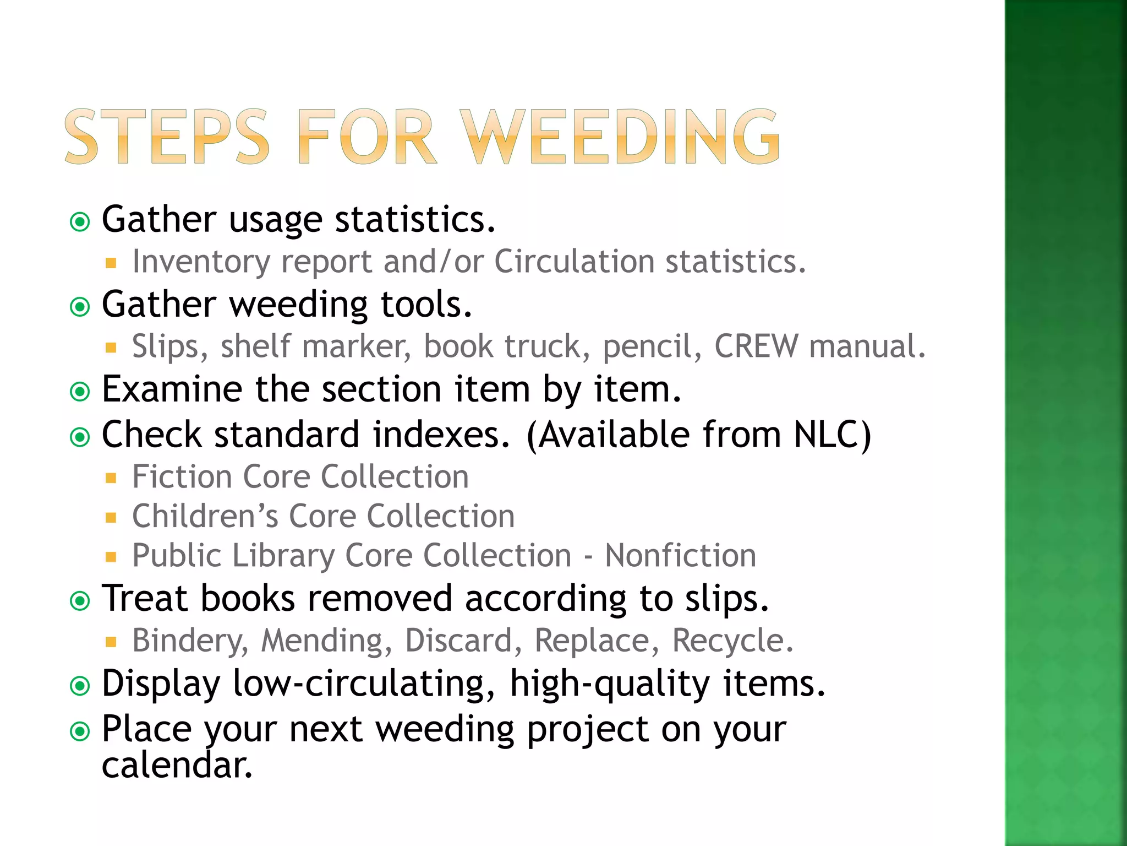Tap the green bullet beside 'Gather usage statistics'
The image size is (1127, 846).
pos(80,222)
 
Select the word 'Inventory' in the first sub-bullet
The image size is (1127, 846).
pos(201,262)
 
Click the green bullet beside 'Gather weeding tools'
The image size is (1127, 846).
pos(80,307)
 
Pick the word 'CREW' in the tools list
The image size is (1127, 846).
pos(756,346)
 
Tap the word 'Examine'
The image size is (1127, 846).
pos(172,389)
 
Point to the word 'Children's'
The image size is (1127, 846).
pos(205,517)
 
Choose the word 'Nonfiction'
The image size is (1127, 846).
pos(681,555)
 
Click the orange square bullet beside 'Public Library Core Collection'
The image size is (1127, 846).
pos(111,557)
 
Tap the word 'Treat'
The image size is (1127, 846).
pos(145,598)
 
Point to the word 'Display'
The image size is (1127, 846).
pos(161,684)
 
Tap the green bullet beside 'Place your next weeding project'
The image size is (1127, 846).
pos(80,732)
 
